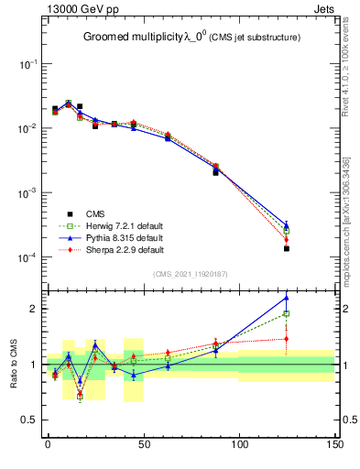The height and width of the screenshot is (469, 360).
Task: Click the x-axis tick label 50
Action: point(144,444)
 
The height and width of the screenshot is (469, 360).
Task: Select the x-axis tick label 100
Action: point(239,444)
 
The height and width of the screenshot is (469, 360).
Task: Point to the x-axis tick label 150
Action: point(335,444)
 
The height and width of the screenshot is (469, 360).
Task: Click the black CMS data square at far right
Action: point(287,248)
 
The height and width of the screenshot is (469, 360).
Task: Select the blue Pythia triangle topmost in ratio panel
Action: point(287,297)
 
